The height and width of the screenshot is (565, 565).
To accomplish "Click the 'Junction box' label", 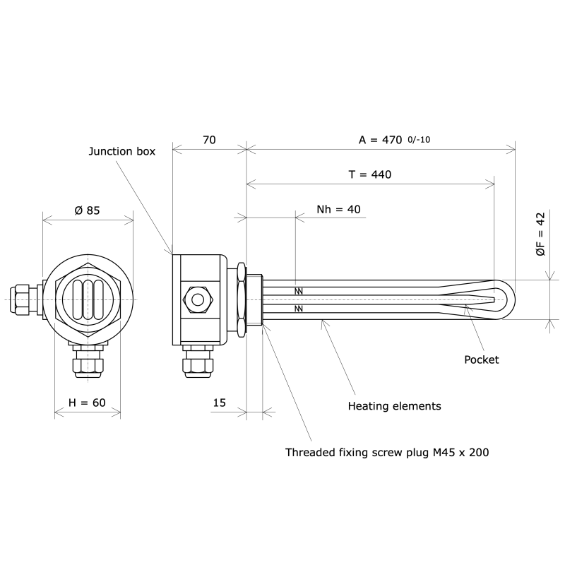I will (121, 151).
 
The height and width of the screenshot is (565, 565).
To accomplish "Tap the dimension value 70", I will (209, 140).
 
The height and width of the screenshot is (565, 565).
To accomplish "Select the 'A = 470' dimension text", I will (381, 140).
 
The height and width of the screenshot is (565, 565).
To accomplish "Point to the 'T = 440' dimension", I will (370, 174).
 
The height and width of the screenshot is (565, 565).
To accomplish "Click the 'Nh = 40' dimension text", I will (338, 209).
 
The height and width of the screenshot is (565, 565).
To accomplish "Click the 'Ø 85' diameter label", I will (87, 210).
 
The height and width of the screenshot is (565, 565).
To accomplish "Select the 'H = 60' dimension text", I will (87, 403).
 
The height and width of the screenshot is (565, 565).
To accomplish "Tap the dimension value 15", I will (219, 403).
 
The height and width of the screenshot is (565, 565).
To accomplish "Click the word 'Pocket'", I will (481, 359).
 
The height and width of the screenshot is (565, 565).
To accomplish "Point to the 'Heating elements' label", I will (394, 406).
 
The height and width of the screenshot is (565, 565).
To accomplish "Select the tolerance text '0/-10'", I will (419, 140).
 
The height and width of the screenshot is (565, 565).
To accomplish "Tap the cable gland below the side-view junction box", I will (198, 362).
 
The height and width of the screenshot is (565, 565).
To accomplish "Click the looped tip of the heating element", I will (503, 299).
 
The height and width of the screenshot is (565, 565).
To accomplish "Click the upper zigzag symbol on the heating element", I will (299, 291).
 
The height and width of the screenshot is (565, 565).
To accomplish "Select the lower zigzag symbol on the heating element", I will (299, 309).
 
